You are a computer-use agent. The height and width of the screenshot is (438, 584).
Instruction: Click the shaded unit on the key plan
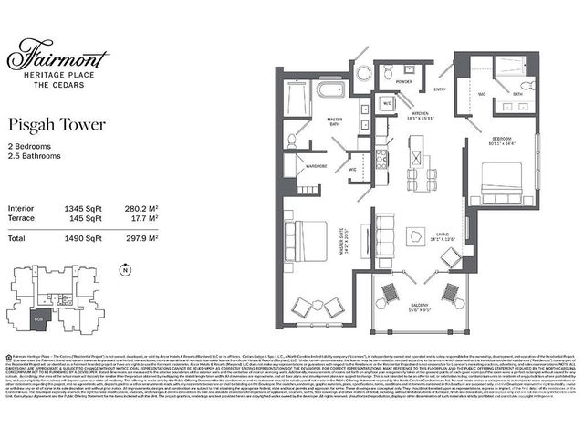click(x=38, y=318)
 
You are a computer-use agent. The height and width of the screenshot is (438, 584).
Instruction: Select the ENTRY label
click(x=440, y=89)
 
